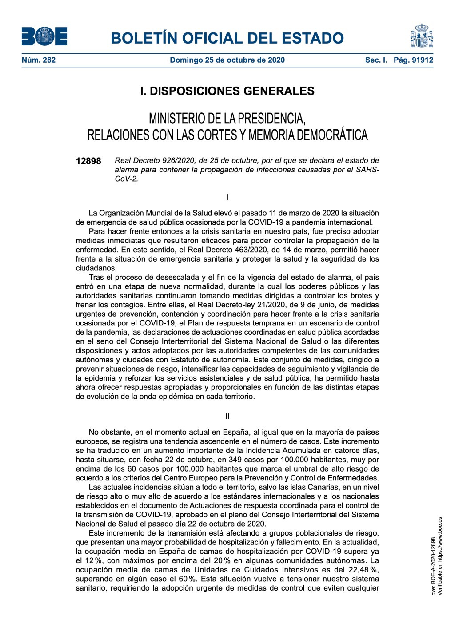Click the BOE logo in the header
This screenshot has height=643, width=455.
point(44,36)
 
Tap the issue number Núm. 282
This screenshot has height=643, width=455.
point(39,60)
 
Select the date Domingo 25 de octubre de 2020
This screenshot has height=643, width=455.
point(227,60)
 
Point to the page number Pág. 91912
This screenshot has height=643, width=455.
point(413,60)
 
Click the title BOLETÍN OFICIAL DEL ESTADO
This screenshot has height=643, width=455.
point(227,38)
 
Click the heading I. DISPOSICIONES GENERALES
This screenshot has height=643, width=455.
point(227,91)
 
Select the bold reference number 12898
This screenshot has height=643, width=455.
point(88,161)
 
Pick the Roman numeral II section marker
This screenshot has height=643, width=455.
point(227,417)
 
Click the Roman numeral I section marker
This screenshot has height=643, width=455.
point(227,197)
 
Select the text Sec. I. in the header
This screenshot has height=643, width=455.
point(376,60)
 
